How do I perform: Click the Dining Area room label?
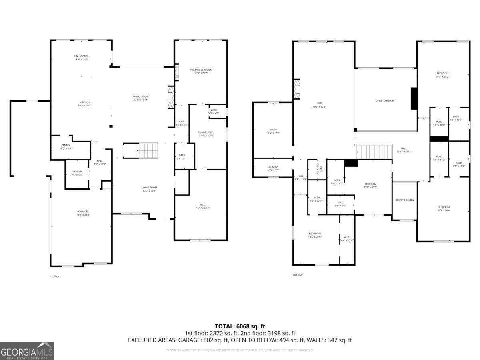coord(81,58)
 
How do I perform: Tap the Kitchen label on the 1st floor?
coord(84,104)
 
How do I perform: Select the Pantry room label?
coord(66,147)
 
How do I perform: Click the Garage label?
coord(83,213)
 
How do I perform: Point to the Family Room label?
coord(141,98)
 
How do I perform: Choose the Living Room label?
coord(149,189)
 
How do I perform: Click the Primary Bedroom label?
coord(201,71)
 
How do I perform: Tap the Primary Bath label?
coord(206,134)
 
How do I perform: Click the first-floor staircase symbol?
coord(148,151)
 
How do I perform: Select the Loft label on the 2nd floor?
coord(320,105)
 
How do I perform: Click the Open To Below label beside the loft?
coord(384,100)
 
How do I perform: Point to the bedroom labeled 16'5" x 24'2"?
coord(442,75)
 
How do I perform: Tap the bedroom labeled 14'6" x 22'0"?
coord(315,235)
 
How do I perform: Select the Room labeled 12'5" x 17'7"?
coord(273,131)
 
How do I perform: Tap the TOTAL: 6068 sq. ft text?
coord(240,326)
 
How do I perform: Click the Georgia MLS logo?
coord(27,351)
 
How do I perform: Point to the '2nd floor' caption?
coord(298,275)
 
